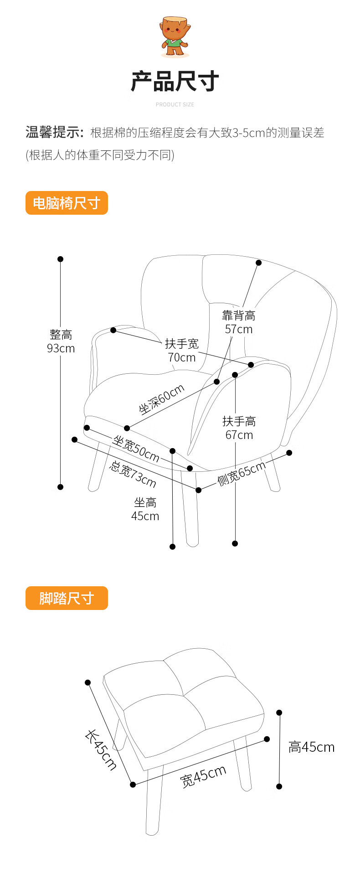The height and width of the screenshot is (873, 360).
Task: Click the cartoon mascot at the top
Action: coord(175,36)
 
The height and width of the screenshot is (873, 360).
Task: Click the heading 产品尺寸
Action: coord(175,82)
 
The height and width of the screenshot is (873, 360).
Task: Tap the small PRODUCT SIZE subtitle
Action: coord(175,104)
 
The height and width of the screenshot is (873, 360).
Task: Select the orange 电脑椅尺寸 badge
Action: coord(67,203)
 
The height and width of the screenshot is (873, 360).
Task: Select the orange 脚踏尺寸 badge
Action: coord(67,598)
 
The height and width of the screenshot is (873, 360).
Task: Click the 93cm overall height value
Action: coord(61,348)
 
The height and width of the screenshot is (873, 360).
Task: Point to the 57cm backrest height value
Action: coord(238,329)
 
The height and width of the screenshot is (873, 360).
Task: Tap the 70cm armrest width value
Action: coord(181,357)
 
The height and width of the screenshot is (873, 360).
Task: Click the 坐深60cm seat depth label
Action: coord(162,399)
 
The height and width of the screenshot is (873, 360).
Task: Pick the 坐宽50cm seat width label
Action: coord(136,449)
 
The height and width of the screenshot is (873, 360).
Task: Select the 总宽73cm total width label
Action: coord(133,474)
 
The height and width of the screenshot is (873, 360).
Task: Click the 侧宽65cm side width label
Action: coord(241,474)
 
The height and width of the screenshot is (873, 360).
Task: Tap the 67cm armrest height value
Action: coord(239,435)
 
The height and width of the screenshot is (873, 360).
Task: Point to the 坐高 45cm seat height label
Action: coord(145,510)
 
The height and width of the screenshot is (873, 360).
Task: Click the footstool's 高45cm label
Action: coord(311,747)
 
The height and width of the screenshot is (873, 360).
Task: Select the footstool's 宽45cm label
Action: coord(203,776)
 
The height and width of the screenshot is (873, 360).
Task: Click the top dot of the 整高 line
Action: coord(60,259)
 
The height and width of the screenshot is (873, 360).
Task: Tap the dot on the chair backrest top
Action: coord(258,263)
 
